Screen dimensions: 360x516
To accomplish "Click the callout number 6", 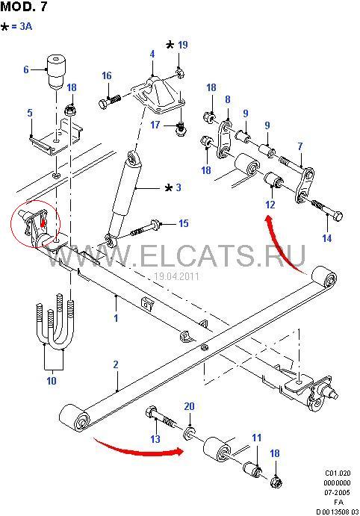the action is (x=26, y=69).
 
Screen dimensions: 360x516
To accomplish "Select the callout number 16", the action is (x=107, y=75).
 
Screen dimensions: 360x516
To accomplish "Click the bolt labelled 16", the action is (x=110, y=102).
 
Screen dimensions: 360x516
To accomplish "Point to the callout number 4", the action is (x=152, y=54).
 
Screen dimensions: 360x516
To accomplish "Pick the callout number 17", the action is (x=155, y=125).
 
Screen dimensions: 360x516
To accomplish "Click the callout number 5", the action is (x=30, y=113).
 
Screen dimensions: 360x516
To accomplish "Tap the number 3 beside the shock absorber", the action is (x=179, y=187).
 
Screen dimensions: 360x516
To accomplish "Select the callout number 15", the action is (x=184, y=223).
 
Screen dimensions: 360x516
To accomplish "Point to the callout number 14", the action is (x=327, y=238).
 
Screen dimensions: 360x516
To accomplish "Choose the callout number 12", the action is (x=270, y=205).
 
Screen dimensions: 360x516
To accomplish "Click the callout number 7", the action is (x=300, y=146).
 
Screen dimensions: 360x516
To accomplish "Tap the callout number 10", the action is (x=52, y=381).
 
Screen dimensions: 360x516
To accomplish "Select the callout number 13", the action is (x=155, y=438).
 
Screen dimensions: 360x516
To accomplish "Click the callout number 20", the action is (x=189, y=406).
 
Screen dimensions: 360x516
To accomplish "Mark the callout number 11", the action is (x=257, y=438).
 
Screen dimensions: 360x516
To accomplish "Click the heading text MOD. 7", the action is (x=24, y=7).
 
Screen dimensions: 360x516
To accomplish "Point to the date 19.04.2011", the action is (x=177, y=276).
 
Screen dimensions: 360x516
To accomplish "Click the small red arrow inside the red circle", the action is (x=42, y=223).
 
